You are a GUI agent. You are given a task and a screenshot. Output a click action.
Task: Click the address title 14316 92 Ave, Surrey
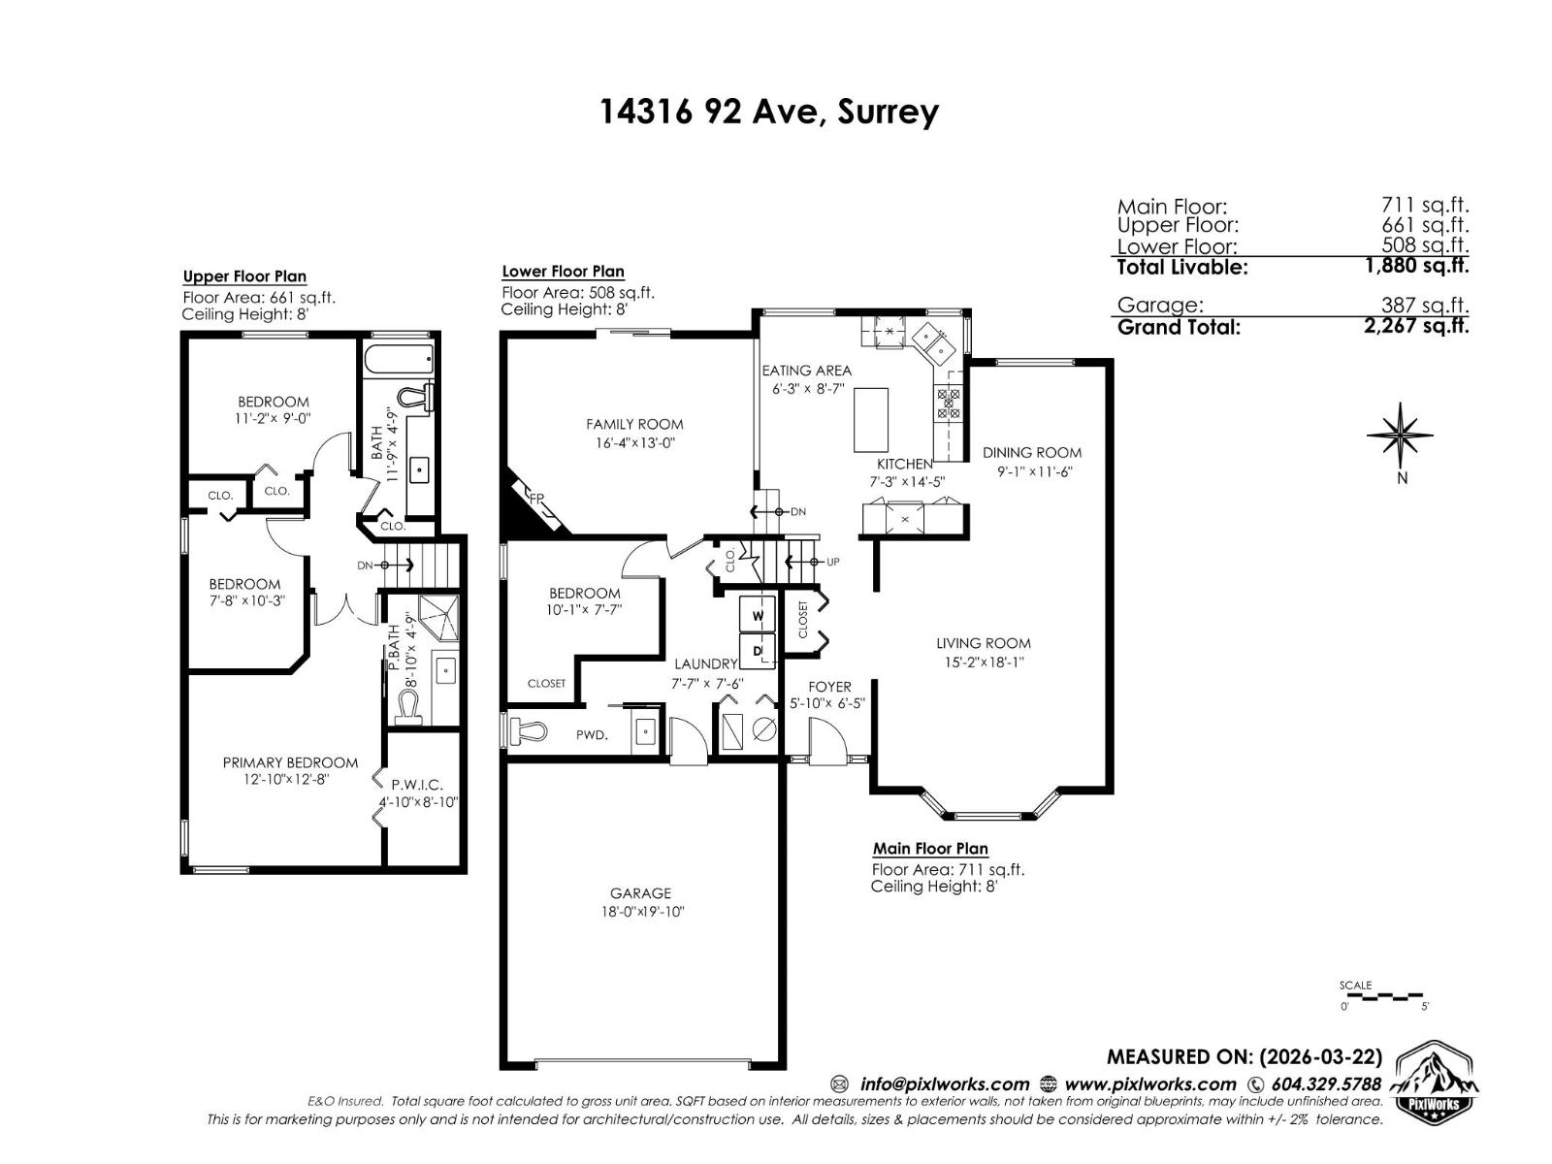(x=769, y=112)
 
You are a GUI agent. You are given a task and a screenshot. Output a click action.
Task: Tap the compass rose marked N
(x=1400, y=435)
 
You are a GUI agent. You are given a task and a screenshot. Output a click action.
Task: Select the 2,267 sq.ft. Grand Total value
(x=1415, y=326)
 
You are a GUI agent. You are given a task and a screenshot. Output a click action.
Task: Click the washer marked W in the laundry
(x=759, y=615)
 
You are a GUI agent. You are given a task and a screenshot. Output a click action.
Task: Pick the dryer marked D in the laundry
(x=759, y=650)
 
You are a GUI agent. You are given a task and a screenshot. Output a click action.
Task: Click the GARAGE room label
(x=640, y=893)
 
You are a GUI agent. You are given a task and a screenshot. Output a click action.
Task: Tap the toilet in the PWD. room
(x=529, y=732)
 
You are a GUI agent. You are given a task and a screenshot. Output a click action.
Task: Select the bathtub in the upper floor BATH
(x=400, y=359)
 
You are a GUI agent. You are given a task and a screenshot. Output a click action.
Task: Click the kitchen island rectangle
(x=870, y=419)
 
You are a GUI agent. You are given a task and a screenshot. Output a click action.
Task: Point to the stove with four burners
(x=948, y=403)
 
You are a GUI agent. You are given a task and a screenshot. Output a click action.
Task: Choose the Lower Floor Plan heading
(x=563, y=272)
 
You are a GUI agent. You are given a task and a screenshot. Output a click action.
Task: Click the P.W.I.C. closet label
(x=417, y=785)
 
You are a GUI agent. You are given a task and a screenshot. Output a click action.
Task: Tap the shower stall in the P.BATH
(x=437, y=617)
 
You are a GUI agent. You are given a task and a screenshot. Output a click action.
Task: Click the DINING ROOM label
(x=1031, y=452)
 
